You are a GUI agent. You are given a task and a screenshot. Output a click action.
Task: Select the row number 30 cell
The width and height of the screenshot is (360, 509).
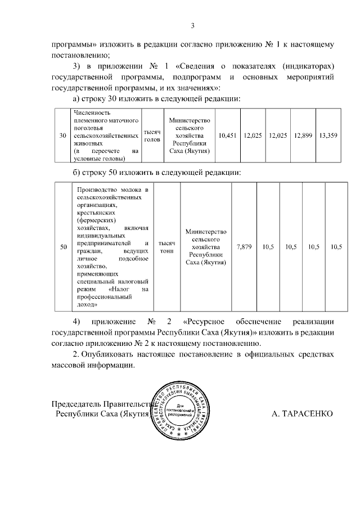(x=62, y=136)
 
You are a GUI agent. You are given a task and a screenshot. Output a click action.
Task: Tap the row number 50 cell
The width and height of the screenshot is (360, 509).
(x=63, y=247)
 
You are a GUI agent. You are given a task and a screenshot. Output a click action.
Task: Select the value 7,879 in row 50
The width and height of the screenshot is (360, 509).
(x=245, y=247)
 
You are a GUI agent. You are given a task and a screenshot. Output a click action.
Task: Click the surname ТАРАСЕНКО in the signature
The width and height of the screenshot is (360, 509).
(x=302, y=414)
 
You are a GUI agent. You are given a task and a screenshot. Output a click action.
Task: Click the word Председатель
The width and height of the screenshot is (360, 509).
(x=76, y=404)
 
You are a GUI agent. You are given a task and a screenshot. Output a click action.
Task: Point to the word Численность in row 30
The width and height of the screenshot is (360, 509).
(x=90, y=113)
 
